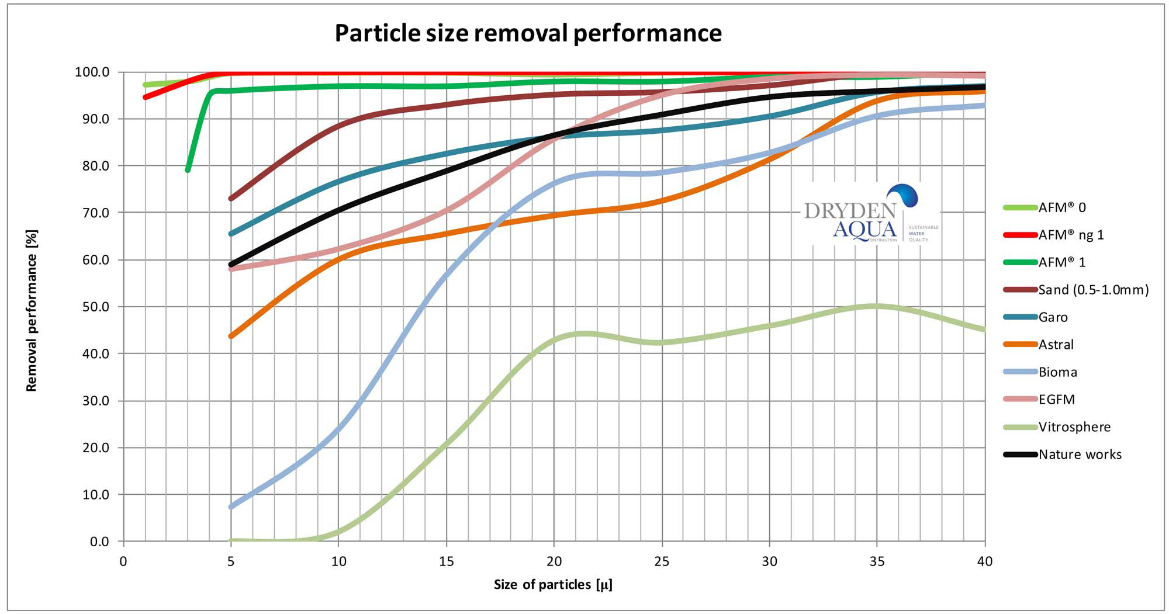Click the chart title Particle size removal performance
click(528, 33)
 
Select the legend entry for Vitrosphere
click(1074, 427)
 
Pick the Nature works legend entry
click(1080, 455)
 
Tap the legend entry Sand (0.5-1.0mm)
click(1093, 290)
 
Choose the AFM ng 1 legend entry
click(1071, 235)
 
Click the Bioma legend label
click(1057, 372)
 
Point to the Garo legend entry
click(1053, 317)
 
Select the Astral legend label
click(1056, 345)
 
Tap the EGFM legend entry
click(1056, 400)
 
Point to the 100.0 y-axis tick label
click(92, 72)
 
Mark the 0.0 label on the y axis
click(100, 542)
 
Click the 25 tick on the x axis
click(662, 562)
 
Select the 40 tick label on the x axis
click(985, 562)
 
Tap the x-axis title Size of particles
click(553, 585)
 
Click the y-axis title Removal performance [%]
click(32, 310)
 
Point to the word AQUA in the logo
click(864, 230)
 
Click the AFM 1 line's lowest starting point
click(188, 170)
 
